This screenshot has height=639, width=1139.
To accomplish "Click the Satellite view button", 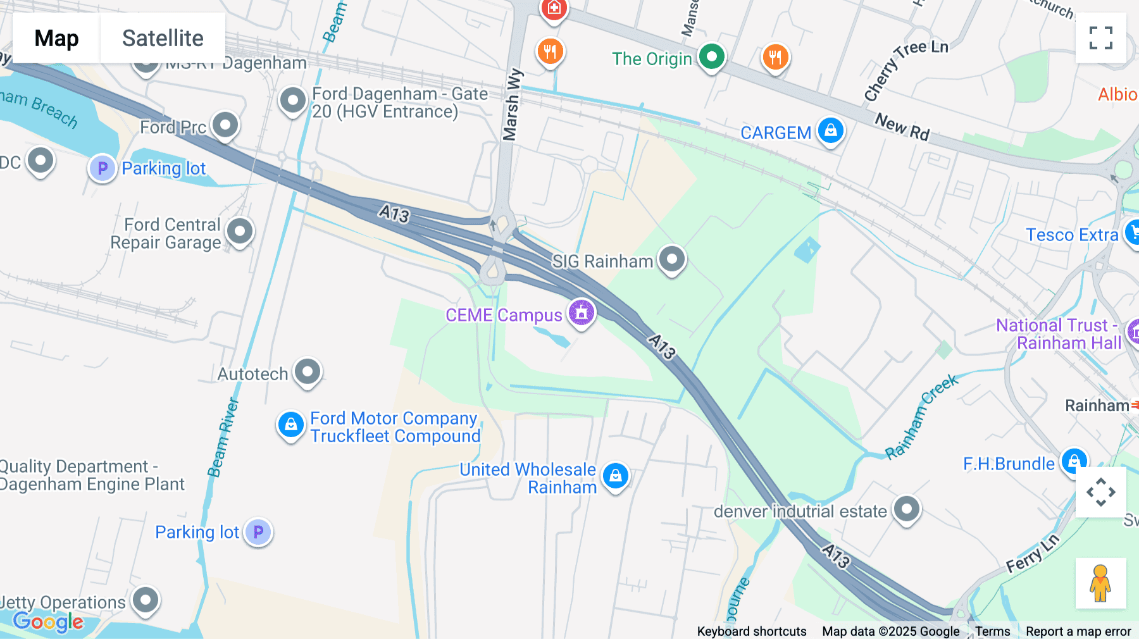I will click(x=163, y=38).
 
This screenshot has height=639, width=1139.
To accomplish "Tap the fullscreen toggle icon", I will click(x=1100, y=38).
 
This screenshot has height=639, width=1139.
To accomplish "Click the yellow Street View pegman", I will click(x=1100, y=583).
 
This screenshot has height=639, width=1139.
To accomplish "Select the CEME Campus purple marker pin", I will click(x=581, y=313).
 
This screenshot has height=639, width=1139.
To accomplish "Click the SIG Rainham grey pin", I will click(x=671, y=259).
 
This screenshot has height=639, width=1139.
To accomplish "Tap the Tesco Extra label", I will click(x=1072, y=235).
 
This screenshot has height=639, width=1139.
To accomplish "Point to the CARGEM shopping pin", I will click(x=830, y=131).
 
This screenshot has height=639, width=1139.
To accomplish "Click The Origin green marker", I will click(x=711, y=57).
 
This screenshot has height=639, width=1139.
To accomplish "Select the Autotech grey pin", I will click(x=308, y=372).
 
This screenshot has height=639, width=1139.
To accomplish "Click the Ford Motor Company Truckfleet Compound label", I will click(x=395, y=427).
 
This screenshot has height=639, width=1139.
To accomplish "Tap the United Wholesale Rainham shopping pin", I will click(x=615, y=476).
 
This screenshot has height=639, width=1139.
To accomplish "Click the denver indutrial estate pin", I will click(x=906, y=509).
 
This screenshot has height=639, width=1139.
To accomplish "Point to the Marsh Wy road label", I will click(x=512, y=104).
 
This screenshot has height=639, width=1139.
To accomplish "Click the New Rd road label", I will click(x=902, y=127).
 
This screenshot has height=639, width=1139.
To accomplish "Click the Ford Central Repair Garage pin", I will click(x=239, y=232).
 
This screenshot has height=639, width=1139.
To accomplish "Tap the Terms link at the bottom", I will click(x=992, y=631).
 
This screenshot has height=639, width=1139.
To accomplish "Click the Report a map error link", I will click(x=1078, y=631).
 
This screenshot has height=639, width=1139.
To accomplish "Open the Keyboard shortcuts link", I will click(x=751, y=631).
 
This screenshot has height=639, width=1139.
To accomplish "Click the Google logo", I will click(x=48, y=621).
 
